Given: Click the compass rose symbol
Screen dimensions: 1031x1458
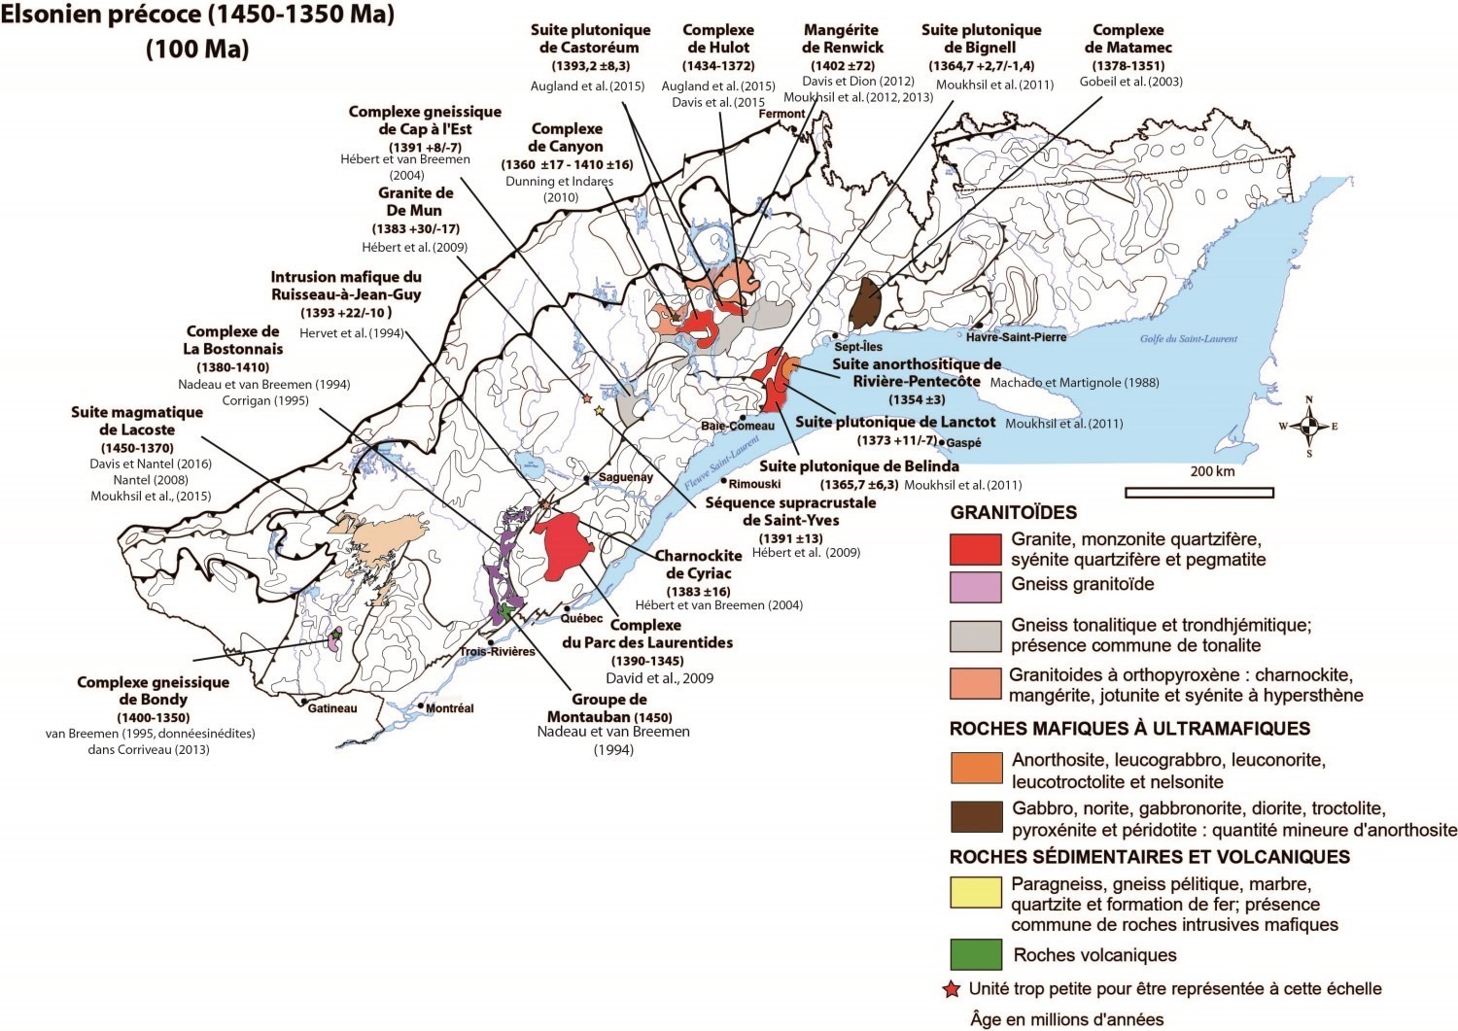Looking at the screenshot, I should (1308, 426).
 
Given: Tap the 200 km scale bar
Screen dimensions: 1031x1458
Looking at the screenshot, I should (1198, 492).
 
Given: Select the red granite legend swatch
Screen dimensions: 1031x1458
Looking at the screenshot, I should (975, 549).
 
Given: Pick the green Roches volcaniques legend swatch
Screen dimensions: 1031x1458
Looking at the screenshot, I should (975, 954).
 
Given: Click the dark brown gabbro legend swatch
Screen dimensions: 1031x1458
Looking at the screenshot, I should (975, 817).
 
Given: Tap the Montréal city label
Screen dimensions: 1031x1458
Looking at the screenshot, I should (449, 708).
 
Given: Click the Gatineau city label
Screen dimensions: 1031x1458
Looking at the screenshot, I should (332, 708).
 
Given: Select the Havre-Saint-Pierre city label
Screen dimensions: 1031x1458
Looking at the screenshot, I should (1016, 337).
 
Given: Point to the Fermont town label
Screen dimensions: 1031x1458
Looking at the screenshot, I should (781, 114).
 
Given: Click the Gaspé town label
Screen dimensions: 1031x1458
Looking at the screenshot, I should (963, 443).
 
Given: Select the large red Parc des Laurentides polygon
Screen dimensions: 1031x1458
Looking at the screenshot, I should (562, 545).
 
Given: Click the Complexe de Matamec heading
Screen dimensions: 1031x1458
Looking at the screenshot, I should (1128, 39).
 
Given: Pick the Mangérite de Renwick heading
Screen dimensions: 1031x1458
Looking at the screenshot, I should (842, 39).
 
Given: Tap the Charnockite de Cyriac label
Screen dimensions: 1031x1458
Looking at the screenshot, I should (698, 565).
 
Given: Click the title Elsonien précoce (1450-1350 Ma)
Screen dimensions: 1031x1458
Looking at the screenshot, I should (198, 17).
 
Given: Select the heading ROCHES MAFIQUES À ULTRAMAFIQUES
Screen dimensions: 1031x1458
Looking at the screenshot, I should (1129, 729).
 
